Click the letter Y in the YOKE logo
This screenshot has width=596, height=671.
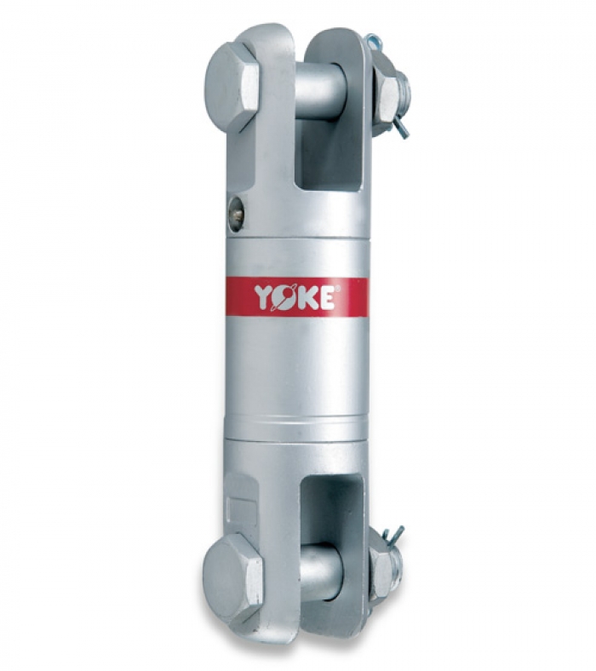264,298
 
